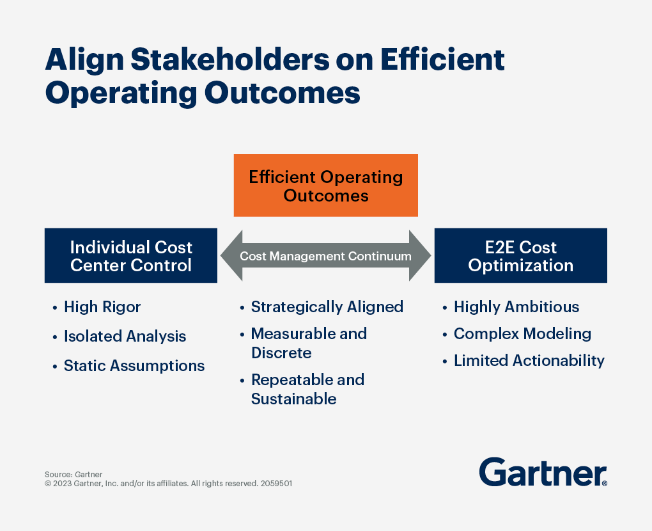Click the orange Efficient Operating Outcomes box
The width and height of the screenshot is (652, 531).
pos(325,186)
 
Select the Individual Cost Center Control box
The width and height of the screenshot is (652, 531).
pos(131,256)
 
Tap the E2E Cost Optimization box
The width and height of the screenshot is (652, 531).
pos(520,256)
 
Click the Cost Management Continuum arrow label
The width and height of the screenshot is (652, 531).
pos(325,256)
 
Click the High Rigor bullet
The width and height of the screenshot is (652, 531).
pos(102,307)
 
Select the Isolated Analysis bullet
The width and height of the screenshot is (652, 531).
pos(125,337)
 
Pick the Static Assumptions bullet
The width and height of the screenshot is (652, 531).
pos(134,366)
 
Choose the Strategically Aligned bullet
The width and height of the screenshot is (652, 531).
pos(327,307)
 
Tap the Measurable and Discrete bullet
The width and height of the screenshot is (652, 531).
pos(309,343)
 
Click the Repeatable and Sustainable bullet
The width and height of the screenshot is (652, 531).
pos(307,389)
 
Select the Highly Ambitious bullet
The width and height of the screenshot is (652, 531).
pos(516,307)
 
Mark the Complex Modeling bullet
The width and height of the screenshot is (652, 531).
pos(522,334)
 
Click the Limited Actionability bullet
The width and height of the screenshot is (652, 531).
pos(529,361)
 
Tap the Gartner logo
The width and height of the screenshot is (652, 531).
pos(543,472)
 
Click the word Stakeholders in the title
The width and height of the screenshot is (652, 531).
pos(231,60)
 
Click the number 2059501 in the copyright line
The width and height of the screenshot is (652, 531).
pos(276,484)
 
